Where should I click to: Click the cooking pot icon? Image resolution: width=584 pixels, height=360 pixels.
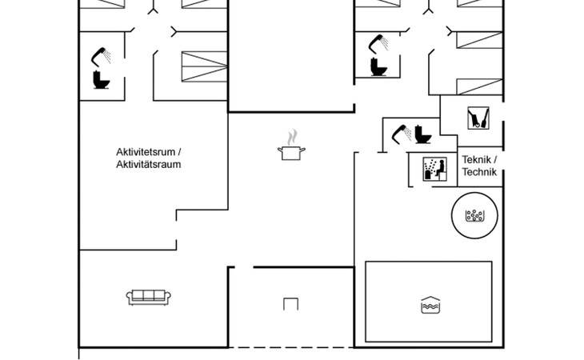point(291,153)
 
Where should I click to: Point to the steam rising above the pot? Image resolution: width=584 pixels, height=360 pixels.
point(292,137)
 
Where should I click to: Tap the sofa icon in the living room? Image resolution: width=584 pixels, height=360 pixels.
point(148,298)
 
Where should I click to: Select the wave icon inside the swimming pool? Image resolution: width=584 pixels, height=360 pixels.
point(430,305)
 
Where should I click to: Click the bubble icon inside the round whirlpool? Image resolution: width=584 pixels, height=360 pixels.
point(474,215)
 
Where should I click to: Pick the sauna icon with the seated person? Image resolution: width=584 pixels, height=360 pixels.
point(434,169)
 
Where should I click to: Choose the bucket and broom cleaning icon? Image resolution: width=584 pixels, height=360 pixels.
point(478,118)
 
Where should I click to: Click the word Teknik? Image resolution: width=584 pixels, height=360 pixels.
point(476,160)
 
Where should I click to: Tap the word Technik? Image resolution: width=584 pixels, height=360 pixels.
point(479,172)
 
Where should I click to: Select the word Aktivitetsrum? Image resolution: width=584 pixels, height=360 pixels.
point(146,152)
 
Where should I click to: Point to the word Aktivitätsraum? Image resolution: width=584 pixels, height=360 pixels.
point(149,164)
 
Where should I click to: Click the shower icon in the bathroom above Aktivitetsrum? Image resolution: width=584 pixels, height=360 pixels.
point(101,57)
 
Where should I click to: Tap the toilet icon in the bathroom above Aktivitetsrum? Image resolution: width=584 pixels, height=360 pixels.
point(101,80)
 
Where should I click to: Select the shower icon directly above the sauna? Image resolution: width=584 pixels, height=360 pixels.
point(402,134)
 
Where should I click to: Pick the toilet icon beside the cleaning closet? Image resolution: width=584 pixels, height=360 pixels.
point(423,134)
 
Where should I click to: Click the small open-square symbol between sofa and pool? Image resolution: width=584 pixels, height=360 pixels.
point(290,304)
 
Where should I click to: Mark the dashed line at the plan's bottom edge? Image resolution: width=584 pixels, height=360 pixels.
point(291,348)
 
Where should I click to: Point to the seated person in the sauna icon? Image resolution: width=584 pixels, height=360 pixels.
point(440,168)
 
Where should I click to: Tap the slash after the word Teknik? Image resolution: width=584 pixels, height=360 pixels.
point(495,160)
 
